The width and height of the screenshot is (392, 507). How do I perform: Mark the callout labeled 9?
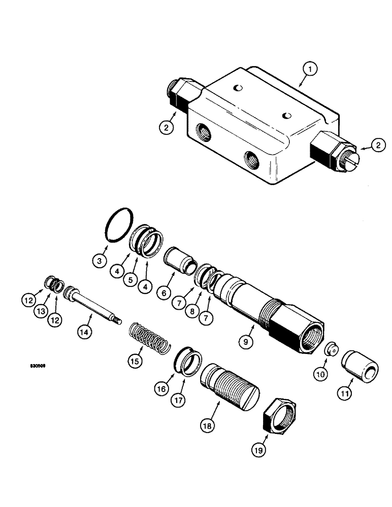[245, 342]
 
